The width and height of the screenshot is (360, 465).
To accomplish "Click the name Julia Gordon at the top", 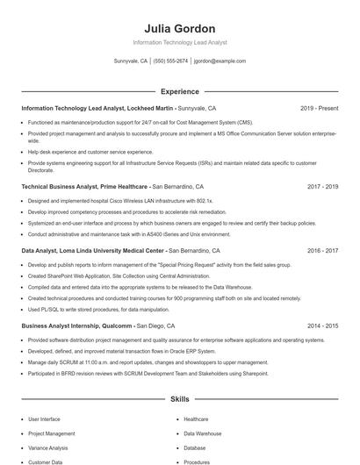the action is tap(179, 28).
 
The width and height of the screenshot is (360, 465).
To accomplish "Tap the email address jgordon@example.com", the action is tap(220, 61).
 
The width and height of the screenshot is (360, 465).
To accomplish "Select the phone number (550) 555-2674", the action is tap(170, 61).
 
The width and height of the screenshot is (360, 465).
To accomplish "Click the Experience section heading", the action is tap(179, 91).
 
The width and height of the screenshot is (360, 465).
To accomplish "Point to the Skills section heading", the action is tap(179, 399).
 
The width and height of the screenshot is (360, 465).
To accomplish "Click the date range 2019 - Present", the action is tap(319, 108).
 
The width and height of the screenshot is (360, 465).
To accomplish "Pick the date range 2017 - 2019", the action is tap(322, 187).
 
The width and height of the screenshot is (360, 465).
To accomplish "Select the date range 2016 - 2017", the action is tap(322, 250).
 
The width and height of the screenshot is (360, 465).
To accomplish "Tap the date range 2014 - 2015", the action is tap(322, 325).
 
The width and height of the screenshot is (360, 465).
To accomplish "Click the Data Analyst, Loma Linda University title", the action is tap(92, 250).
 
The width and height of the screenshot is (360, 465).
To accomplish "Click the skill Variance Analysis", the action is tap(49, 447).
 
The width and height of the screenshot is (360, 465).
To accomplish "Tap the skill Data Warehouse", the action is tap(203, 433).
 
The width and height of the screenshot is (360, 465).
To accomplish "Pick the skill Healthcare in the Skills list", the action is tap(196, 419).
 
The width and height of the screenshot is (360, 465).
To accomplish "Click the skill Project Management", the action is tap(51, 433).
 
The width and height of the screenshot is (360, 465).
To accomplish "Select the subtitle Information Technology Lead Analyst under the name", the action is tap(179, 42).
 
